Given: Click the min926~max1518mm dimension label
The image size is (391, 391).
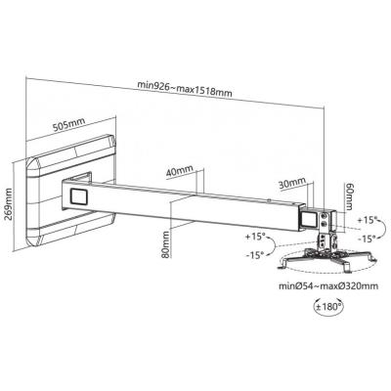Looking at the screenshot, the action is click(x=185, y=89).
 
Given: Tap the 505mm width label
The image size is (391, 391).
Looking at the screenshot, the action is click(x=68, y=124).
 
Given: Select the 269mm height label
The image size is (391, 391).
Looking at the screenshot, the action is click(x=9, y=204).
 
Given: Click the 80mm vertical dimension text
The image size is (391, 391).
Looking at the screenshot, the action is click(x=166, y=244).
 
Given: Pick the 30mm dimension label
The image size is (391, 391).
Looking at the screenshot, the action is click(x=292, y=183).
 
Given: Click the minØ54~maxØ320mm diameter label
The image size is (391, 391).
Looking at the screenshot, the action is click(x=328, y=286).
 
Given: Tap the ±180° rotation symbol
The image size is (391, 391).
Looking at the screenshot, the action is click(x=328, y=306).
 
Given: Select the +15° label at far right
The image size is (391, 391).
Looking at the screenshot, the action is click(x=366, y=220).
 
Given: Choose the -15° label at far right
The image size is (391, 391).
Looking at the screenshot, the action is click(x=366, y=239).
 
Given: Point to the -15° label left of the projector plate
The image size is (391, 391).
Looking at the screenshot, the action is click(x=254, y=255).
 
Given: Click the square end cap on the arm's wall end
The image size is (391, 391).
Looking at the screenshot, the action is click(x=79, y=196).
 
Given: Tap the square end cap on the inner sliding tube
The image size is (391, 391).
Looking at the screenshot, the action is click(x=308, y=219).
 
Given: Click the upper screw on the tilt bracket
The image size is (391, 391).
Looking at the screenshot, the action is click(x=325, y=216).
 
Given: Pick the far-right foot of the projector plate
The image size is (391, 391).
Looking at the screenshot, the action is click(x=373, y=257).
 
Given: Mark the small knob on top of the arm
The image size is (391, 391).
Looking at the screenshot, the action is click(x=269, y=200).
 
